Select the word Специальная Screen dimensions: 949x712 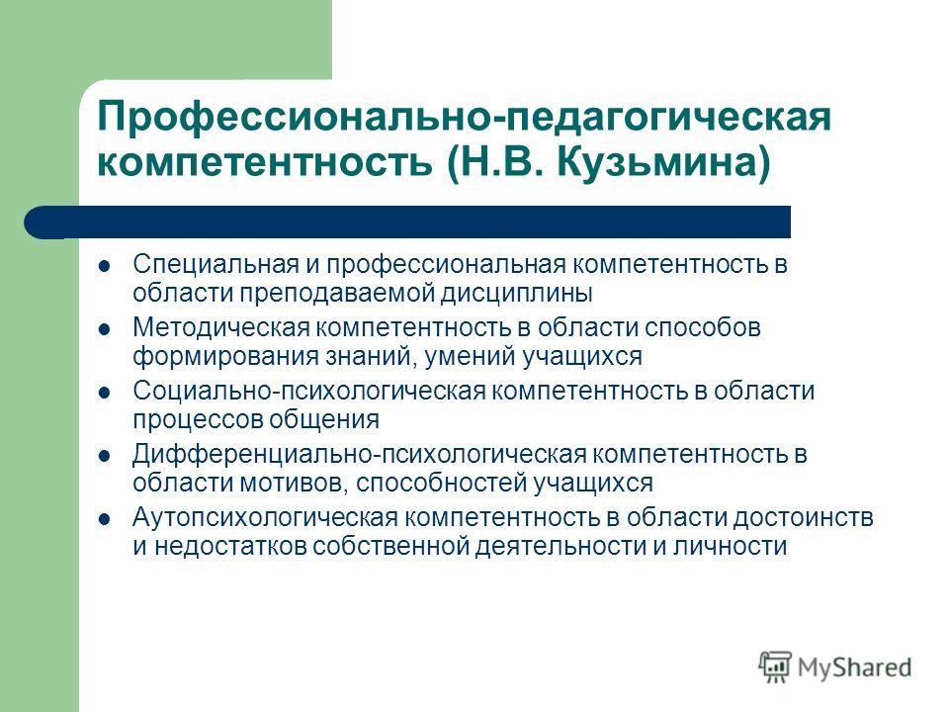pos(216,265)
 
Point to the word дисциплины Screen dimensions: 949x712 pos(516,294)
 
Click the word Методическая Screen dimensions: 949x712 pos(221,327)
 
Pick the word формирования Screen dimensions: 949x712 pos(225,357)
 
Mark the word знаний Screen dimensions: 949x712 pos(371,357)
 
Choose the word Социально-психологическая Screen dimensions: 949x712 pos(309,391)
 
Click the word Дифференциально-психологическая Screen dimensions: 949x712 pos(360,454)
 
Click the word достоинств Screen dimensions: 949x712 pos(803,517)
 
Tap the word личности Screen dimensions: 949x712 pos(730,547)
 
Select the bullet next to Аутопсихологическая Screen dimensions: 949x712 pos(104,519)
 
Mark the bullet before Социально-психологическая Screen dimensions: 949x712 pos(104,393)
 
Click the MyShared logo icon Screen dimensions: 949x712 pos(775,667)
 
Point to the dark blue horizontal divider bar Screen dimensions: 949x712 pos(407,222)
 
